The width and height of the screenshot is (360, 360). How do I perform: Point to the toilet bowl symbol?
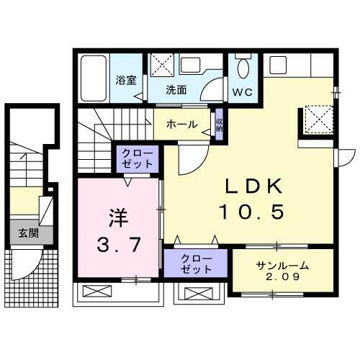coord(243,69)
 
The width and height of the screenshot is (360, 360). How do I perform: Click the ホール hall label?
coord(181,125)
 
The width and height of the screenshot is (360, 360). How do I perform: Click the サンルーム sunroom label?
coord(283,265)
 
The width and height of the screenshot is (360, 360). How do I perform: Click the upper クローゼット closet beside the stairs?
coord(136,158)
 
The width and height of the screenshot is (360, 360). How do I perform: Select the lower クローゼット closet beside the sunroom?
coord(197,264)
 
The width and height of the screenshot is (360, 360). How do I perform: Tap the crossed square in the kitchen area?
coord(317,119)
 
